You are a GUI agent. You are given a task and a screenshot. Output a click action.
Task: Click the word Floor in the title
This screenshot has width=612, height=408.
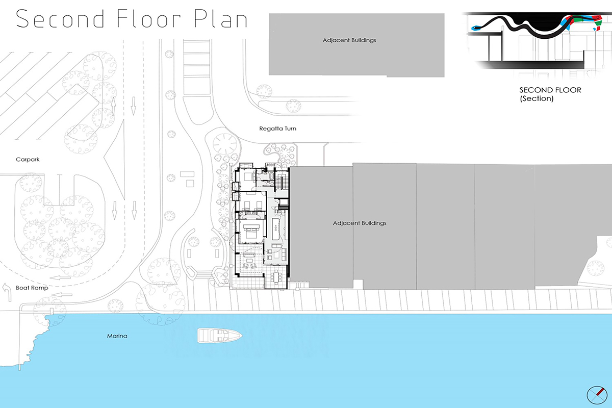click(148, 18)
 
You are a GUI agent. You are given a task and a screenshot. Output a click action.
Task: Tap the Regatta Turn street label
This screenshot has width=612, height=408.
click(277, 129)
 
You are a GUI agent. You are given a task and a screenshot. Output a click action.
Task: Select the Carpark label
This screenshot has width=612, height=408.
click(28, 159)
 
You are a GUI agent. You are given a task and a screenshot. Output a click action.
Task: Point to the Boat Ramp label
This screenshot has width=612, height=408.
click(32, 288)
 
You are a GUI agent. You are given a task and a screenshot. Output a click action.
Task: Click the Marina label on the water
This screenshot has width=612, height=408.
click(117, 336)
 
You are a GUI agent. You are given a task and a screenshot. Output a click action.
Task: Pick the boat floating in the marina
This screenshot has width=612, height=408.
click(220, 336)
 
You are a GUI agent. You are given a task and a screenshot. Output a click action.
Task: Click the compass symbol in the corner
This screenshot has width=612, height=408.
click(597, 395)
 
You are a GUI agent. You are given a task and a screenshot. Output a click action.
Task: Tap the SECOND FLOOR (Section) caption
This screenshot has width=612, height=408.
click(550, 94)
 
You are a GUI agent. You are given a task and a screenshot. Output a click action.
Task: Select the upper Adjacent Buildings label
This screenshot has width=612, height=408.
click(349, 40)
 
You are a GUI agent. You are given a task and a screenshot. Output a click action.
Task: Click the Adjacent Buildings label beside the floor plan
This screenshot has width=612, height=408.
click(359, 223)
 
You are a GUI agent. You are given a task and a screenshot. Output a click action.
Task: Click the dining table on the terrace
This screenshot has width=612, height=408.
click(276, 276)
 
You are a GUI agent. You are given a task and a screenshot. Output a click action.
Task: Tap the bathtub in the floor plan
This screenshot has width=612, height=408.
click(271, 176)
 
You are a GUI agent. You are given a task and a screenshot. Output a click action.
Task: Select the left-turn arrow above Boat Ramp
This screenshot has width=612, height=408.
click(7, 292)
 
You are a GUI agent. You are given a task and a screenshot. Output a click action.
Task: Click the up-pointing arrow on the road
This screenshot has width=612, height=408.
click(113, 106)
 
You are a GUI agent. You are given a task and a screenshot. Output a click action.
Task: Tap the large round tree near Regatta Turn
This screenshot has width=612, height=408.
click(225, 144)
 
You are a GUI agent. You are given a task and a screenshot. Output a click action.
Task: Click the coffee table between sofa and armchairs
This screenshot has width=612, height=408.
click(249, 261)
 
